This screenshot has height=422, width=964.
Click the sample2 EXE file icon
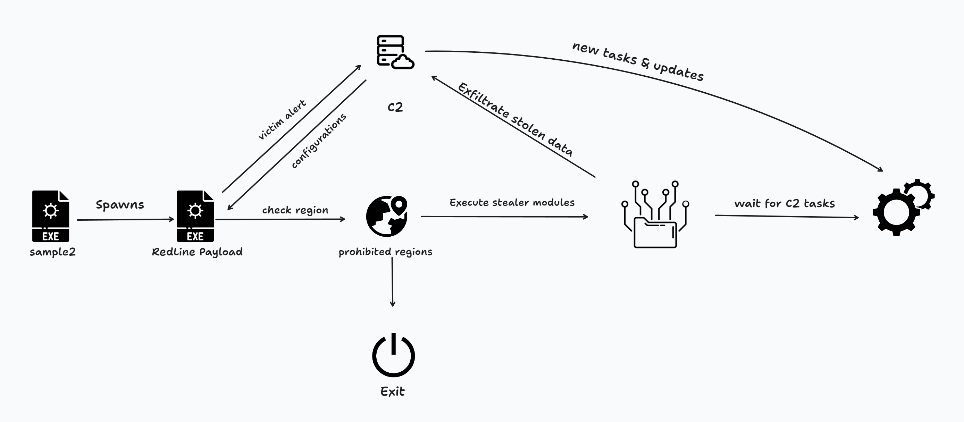(x=51, y=216)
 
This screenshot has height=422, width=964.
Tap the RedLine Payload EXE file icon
(x=195, y=216)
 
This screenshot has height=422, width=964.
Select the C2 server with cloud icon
(x=394, y=52)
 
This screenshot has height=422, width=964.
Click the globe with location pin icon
(x=387, y=216)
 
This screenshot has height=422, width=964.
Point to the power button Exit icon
(x=393, y=355)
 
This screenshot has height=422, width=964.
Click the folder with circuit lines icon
(x=655, y=215)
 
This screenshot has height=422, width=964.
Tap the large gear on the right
(x=896, y=212)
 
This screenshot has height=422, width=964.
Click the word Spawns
(x=120, y=205)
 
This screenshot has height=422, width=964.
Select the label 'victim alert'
(x=282, y=120)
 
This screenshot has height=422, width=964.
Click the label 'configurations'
(x=319, y=141)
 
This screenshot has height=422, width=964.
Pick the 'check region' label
(x=295, y=210)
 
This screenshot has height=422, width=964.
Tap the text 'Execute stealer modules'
(x=512, y=202)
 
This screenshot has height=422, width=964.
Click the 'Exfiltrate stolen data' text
(x=515, y=119)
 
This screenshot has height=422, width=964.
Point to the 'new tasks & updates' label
(x=638, y=61)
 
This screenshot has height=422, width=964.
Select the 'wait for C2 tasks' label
(x=785, y=203)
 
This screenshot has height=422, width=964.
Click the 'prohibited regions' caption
(x=385, y=252)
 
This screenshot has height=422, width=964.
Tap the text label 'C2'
(x=395, y=107)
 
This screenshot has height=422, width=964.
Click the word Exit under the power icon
(x=392, y=391)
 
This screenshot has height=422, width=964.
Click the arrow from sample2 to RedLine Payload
(x=125, y=220)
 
